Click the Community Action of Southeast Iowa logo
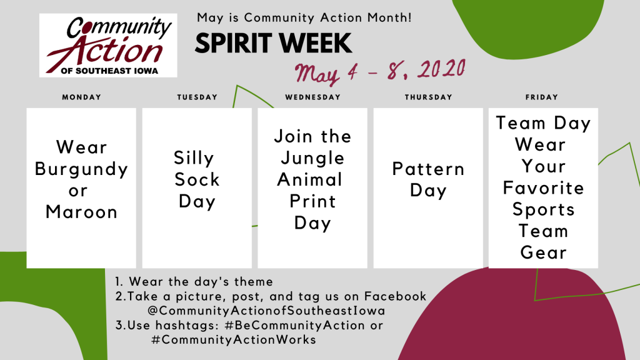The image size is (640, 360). (x=108, y=45)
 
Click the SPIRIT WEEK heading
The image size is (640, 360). (x=273, y=43)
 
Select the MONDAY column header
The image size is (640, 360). (x=82, y=97)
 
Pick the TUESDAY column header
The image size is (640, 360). (x=197, y=97)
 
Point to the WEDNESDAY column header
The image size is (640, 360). (x=312, y=97)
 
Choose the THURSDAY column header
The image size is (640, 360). (x=429, y=97)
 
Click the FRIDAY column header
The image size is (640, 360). (x=542, y=97)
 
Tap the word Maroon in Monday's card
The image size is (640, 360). (x=82, y=212)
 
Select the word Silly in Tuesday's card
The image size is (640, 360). (x=194, y=159)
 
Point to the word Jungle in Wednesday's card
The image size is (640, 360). (x=312, y=159)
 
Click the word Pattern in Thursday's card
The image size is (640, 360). (x=428, y=169)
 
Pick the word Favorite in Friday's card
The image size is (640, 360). (x=543, y=188)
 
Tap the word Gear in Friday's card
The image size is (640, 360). (x=543, y=252)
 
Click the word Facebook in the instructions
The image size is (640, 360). (x=395, y=296)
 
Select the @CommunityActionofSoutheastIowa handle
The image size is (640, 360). (x=266, y=311)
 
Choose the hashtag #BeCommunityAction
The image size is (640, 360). (x=294, y=325)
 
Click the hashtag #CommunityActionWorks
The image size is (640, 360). (x=234, y=339)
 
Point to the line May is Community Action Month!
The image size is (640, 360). (x=304, y=17)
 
